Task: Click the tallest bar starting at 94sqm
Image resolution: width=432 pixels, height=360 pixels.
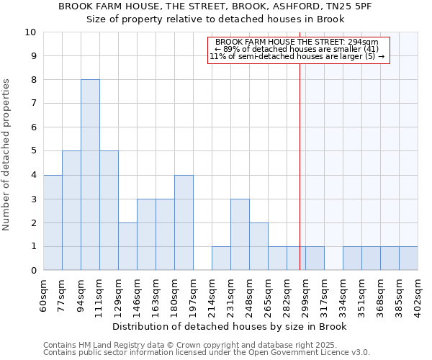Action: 90,175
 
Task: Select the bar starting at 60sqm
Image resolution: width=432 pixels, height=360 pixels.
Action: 53,222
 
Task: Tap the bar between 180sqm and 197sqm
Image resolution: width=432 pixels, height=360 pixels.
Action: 184,222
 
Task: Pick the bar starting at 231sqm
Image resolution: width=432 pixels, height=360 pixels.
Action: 240,235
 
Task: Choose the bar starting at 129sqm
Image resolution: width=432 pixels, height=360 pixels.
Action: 127,246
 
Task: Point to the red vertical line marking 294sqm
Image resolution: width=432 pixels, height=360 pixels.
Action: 300,166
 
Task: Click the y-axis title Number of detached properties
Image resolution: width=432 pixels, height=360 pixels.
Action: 7,155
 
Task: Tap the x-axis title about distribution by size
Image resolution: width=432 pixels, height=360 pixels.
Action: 230,327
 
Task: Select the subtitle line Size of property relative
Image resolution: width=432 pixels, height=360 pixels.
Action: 215,19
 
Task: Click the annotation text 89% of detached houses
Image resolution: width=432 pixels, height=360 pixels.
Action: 297,49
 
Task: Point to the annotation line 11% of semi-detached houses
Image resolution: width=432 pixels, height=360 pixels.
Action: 297,56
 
